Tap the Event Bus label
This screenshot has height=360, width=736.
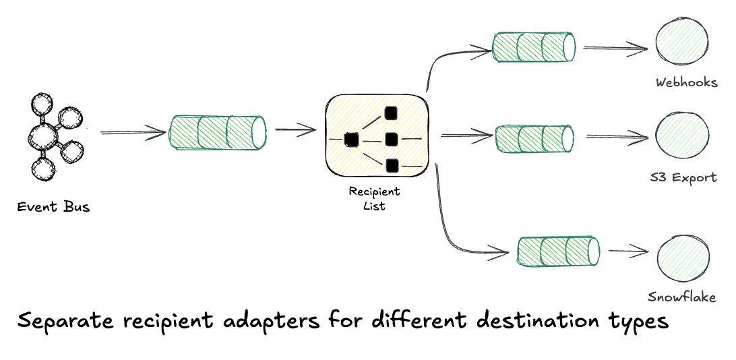[53, 206]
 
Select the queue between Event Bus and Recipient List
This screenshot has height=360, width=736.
[216, 133]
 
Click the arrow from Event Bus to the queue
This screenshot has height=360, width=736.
[133, 133]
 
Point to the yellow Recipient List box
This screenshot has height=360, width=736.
[377, 138]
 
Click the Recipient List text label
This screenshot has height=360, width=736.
[374, 198]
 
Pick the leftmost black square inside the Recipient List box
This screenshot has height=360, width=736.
[350, 140]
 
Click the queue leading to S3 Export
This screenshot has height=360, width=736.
[534, 138]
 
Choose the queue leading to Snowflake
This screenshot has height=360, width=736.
[558, 251]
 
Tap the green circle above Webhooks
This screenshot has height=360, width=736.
[681, 45]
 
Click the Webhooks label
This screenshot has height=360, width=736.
[686, 83]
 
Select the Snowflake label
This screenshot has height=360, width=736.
[681, 297]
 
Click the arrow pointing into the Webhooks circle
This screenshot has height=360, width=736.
[615, 48]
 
